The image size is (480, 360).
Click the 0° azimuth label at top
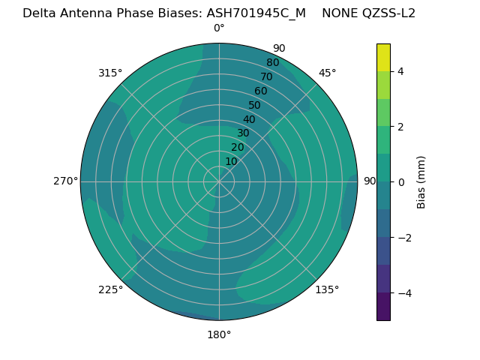click(219, 28)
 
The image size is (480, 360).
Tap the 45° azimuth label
click(327, 73)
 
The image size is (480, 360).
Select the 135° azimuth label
click(327, 289)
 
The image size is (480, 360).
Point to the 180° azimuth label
click(219, 334)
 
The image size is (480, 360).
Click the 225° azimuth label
click(110, 289)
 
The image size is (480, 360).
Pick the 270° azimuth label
click(65, 181)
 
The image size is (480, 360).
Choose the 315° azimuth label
click(110, 73)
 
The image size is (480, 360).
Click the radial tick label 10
click(231, 161)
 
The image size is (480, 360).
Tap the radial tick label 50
click(255, 106)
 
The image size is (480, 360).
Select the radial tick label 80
click(273, 63)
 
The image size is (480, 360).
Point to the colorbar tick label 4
click(401, 71)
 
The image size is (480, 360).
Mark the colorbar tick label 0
click(401, 182)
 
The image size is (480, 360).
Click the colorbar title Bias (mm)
click(421, 182)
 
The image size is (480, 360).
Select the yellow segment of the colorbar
click(383, 58)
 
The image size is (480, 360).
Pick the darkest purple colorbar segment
click(383, 307)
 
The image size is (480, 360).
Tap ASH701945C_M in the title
click(256, 13)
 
